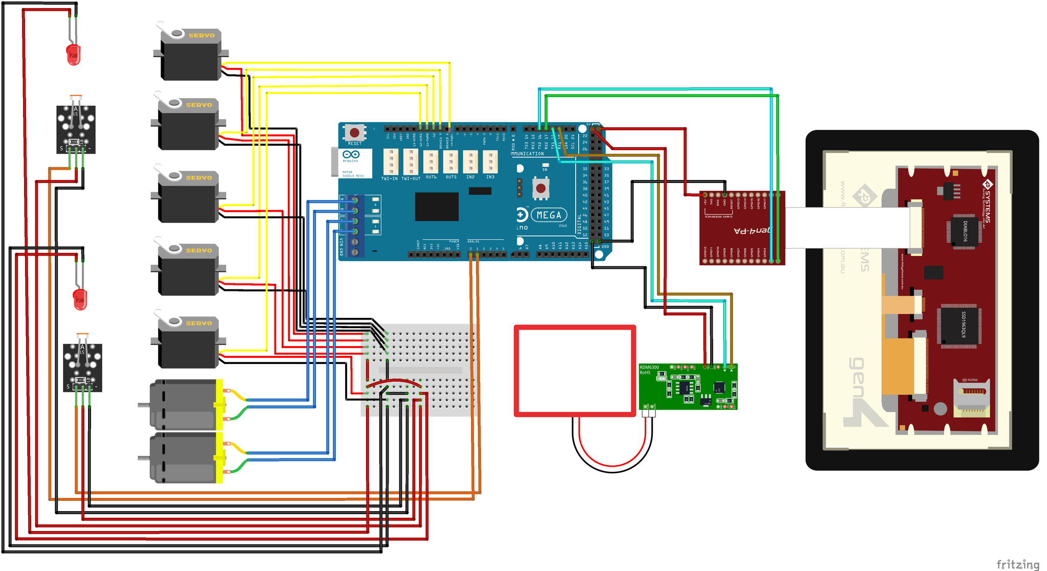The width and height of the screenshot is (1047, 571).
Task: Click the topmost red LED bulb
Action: click(74, 54)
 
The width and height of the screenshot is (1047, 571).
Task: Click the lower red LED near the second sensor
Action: click(80, 299)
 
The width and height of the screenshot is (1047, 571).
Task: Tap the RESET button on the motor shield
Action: click(354, 133)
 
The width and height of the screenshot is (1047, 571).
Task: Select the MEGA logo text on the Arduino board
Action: click(549, 215)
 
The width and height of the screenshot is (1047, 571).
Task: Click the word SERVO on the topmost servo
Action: click(201, 36)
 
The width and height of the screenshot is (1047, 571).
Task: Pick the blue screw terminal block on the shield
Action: click(355, 225)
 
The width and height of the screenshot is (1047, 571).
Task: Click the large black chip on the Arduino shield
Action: click(437, 206)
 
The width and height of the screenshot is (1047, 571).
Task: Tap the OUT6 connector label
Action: click(431, 177)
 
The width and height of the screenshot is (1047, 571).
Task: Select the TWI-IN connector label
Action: click(390, 178)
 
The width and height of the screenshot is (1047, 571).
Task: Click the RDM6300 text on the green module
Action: click(649, 367)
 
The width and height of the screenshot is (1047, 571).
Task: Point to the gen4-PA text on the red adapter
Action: click(752, 231)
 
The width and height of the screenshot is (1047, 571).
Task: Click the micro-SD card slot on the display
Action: click(972, 396)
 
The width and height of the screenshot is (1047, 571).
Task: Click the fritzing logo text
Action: click(1017, 564)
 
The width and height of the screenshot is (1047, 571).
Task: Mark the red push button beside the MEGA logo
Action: click(540, 189)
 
